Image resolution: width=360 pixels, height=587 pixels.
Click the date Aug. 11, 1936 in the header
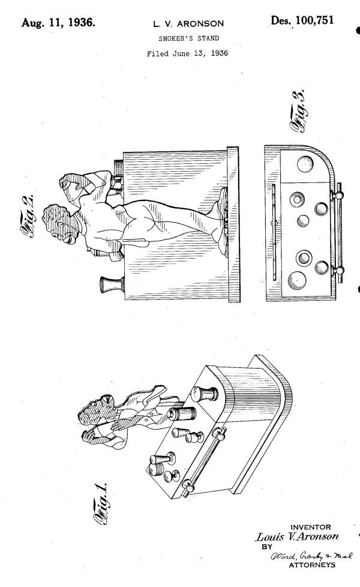tap(58, 22)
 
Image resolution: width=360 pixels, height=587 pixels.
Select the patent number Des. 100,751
tap(302, 20)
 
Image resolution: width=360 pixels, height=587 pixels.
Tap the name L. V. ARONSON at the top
tap(188, 24)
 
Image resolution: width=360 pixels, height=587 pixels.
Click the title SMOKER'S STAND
tap(188, 38)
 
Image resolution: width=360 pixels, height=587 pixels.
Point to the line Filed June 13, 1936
tap(187, 53)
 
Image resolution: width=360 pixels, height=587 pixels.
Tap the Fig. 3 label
tap(300, 111)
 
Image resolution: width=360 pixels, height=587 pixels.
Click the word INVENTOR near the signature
tap(311, 527)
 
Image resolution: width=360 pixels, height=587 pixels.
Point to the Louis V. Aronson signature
tap(297, 537)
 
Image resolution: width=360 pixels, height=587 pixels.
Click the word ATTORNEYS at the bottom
tap(312, 565)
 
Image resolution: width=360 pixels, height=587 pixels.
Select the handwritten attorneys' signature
tap(311, 556)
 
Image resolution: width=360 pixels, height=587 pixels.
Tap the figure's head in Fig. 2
tap(57, 224)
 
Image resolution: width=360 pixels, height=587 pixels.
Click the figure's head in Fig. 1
tap(94, 411)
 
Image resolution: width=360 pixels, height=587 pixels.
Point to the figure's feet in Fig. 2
tap(220, 221)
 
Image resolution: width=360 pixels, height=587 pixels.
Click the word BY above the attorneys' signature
tap(267, 547)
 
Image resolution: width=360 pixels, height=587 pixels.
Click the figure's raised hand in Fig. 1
tap(92, 436)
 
